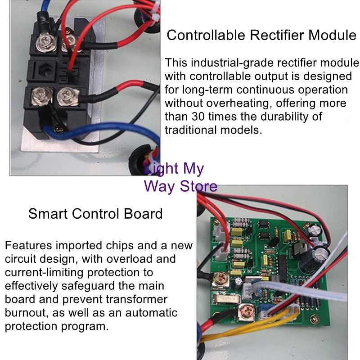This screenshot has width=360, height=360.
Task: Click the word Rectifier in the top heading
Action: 277,35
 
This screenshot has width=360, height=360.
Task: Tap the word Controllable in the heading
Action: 206,35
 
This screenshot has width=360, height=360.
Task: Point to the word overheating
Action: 238,103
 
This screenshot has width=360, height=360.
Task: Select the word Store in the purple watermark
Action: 198,186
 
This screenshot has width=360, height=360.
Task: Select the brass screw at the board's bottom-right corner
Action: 314,319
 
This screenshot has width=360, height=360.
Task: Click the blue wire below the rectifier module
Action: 101,129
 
